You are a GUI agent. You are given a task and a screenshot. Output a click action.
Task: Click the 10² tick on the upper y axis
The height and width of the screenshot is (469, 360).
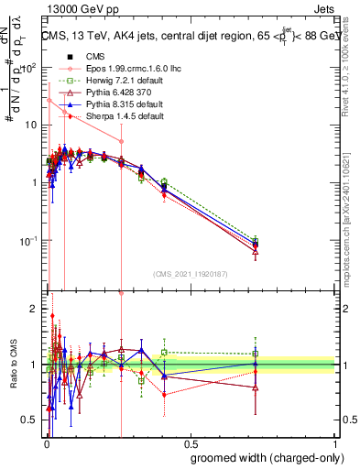(29, 67)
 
